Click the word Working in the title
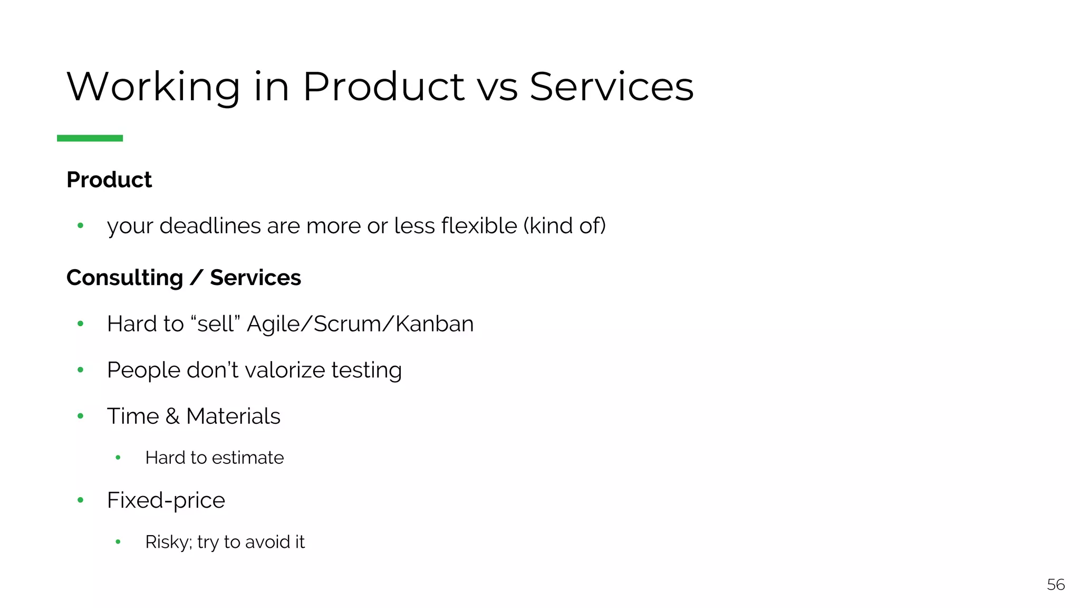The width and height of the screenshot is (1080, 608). (153, 87)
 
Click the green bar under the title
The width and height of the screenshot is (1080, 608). (90, 138)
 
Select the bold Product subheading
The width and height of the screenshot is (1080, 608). (109, 180)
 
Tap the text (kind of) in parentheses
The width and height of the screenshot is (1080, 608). (564, 226)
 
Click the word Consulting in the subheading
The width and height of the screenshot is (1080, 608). (124, 278)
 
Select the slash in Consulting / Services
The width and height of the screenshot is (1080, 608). (196, 278)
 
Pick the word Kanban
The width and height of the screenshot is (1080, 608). (435, 324)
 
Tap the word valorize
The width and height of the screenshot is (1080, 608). (285, 370)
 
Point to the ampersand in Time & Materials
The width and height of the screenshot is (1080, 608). (172, 416)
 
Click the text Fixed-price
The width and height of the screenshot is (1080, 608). (166, 500)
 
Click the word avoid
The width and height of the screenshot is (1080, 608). (267, 542)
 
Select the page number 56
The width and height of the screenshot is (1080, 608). (1056, 585)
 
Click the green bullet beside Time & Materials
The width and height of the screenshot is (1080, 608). (80, 416)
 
